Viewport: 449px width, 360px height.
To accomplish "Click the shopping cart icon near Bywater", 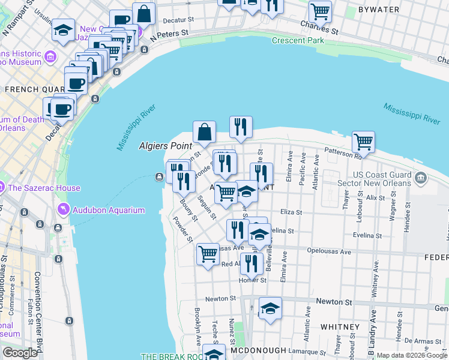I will point(320,11).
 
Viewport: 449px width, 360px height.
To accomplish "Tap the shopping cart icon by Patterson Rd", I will point(363,142).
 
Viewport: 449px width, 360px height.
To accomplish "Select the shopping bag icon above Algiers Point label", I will point(204,131).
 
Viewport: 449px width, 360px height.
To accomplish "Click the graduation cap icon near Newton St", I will point(271,309).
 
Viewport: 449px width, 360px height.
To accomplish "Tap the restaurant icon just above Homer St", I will point(252,263).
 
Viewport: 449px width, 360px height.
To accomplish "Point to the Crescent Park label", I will point(298,41).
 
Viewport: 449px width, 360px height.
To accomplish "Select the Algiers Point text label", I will point(166,146).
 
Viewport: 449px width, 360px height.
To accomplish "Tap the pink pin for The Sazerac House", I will point(3,188).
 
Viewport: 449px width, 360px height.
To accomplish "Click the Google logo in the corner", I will point(20,353).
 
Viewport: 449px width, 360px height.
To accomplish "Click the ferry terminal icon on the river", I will point(159,176).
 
